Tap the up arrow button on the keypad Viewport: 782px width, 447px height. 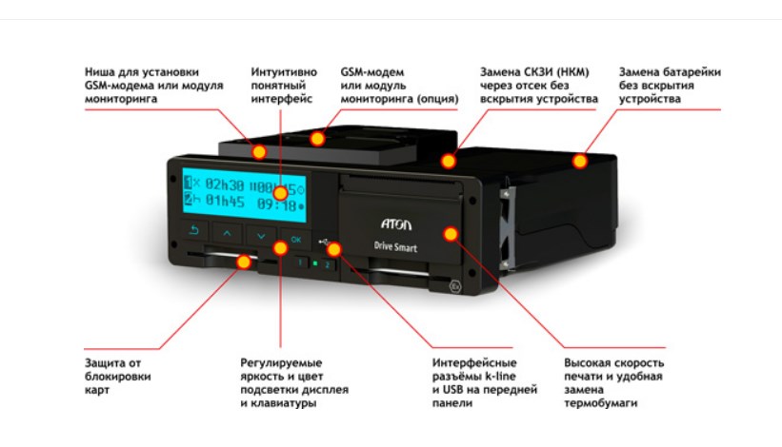coord(227,232)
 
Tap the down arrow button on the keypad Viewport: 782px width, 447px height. coord(260,234)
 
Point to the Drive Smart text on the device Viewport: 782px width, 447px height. coord(395,244)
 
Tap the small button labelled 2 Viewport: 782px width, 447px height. coord(328,266)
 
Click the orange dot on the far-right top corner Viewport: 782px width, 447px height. coord(578,161)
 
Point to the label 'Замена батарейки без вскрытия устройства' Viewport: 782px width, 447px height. coord(669,85)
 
